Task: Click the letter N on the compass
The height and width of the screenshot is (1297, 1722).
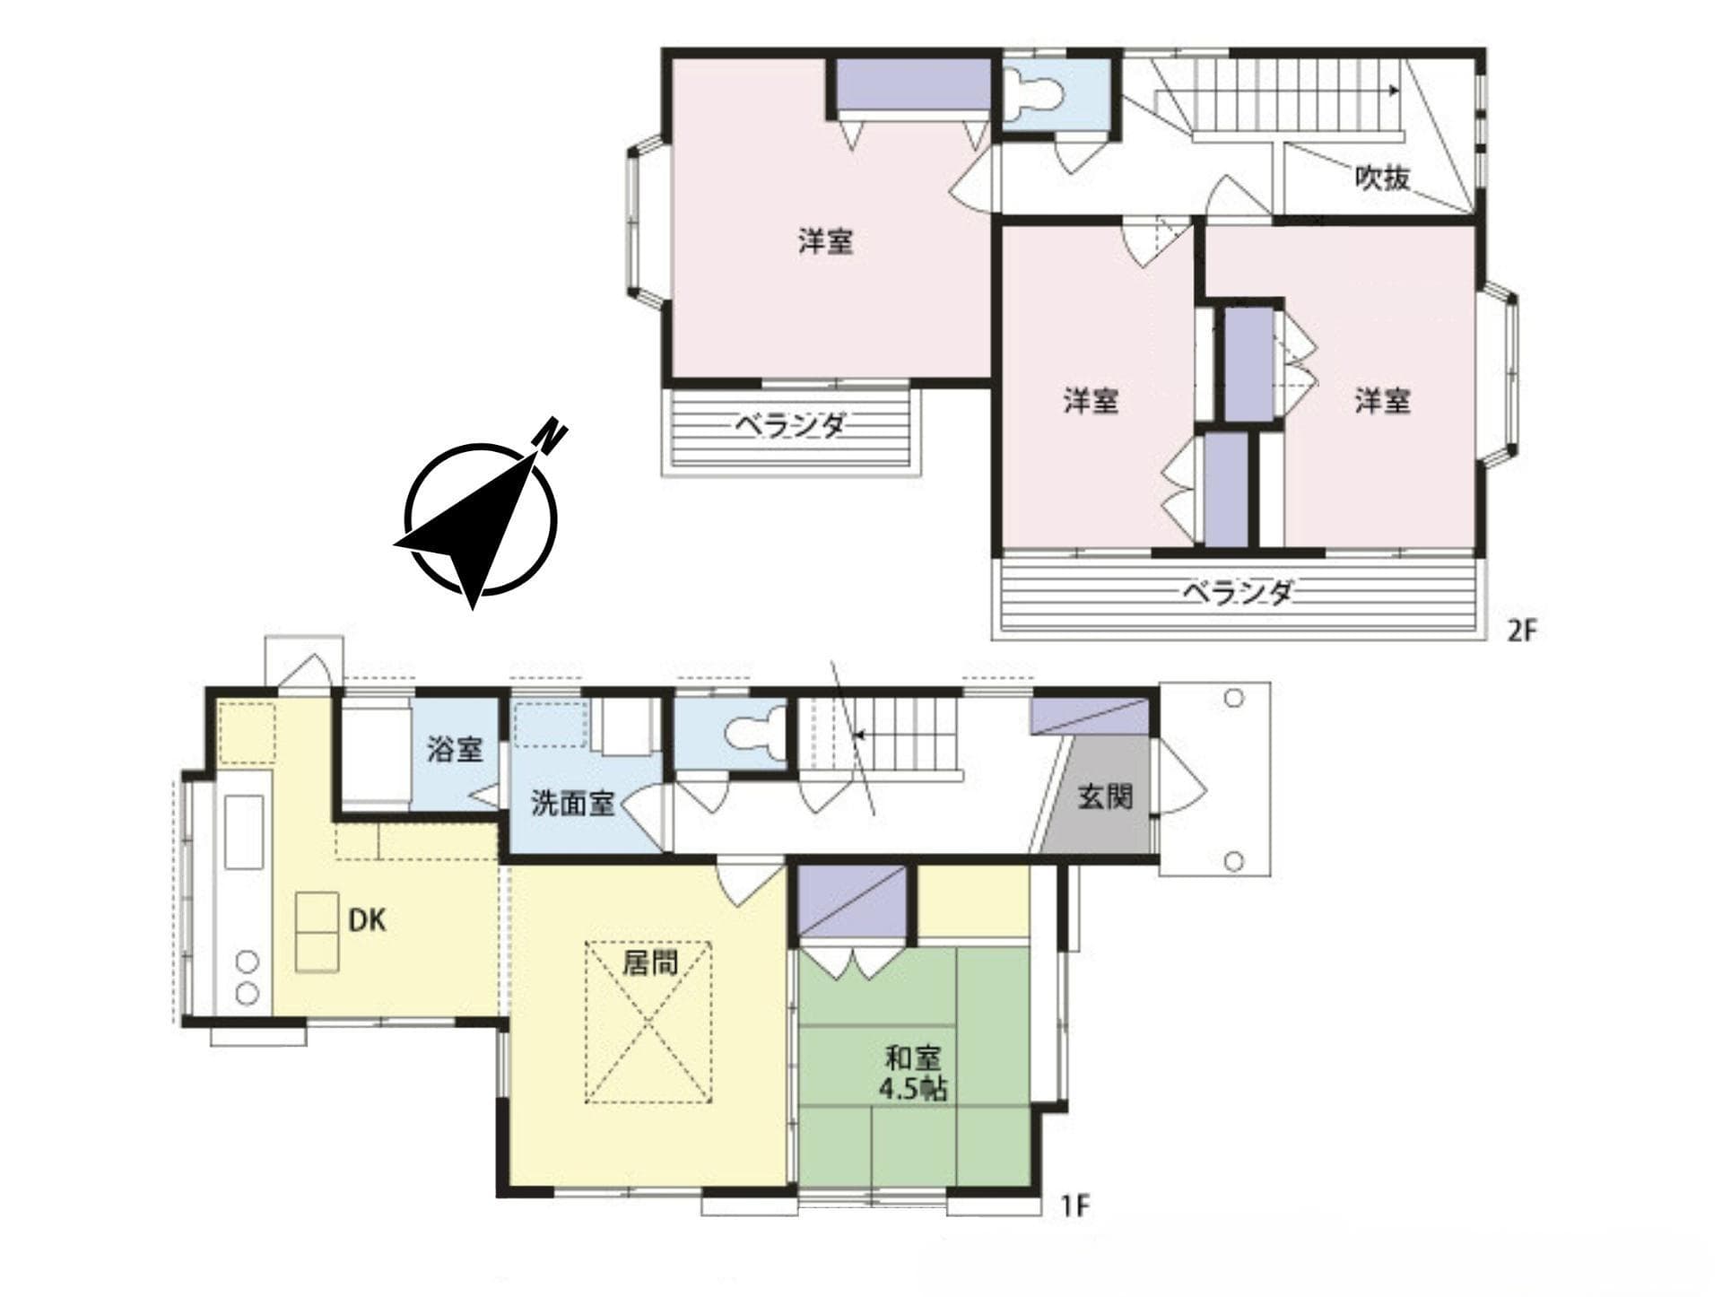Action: tap(550, 435)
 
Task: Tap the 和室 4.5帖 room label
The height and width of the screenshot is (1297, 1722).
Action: tap(913, 1074)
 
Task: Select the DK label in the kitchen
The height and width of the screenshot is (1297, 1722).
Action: tap(366, 919)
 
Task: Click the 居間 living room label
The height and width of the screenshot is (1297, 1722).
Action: tap(650, 963)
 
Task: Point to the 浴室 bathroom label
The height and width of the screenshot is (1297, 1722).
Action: tap(455, 749)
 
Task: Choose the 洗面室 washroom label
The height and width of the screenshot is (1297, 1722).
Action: tap(572, 803)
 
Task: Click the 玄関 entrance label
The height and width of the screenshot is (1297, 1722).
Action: tap(1105, 796)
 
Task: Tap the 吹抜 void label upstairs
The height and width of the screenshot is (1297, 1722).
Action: tap(1381, 178)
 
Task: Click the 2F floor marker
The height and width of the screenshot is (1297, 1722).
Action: tap(1522, 631)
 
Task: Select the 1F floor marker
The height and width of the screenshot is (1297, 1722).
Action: tap(1074, 1206)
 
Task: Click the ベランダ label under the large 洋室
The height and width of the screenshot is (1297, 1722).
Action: tap(790, 424)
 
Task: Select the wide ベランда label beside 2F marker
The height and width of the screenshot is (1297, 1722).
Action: tap(1238, 593)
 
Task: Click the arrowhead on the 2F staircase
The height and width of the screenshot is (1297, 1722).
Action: tap(1393, 91)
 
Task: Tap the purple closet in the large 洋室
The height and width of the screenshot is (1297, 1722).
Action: tap(913, 85)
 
